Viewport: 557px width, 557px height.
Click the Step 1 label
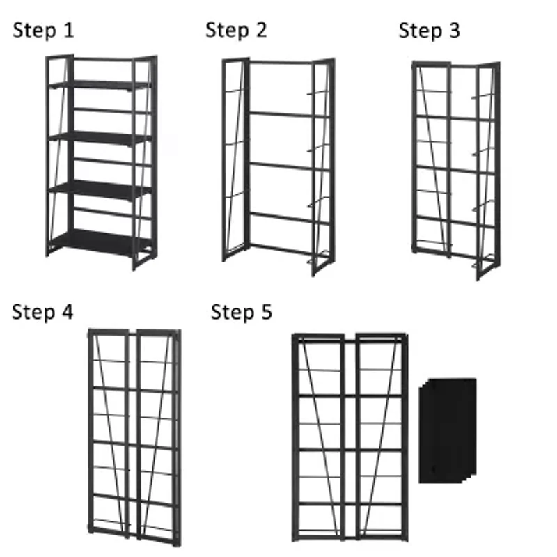(x=43, y=31)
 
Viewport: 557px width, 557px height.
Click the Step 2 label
(x=236, y=31)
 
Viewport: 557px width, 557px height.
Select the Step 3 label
(x=429, y=31)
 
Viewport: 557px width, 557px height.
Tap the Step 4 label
(x=42, y=312)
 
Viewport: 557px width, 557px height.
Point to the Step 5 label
(x=242, y=313)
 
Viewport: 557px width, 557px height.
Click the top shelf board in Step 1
(x=101, y=85)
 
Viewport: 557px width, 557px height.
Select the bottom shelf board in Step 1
(x=101, y=241)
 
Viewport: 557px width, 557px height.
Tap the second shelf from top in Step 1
(x=101, y=136)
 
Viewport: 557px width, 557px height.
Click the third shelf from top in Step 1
(x=101, y=189)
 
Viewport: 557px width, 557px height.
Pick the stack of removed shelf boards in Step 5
(x=448, y=430)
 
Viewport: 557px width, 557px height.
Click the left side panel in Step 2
(x=235, y=160)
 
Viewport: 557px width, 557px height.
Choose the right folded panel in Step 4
(x=158, y=435)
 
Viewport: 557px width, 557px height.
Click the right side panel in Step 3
(x=487, y=171)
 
